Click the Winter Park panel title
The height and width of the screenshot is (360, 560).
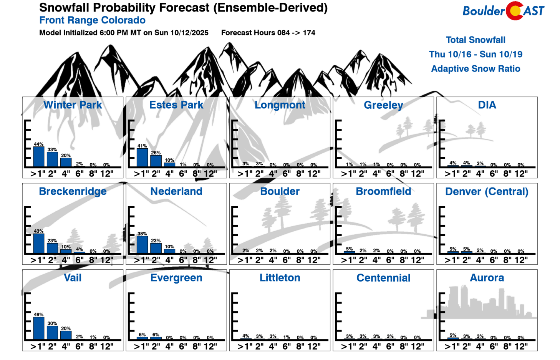73,105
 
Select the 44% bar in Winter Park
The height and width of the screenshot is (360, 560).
39,157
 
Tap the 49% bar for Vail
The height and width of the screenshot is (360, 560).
39,328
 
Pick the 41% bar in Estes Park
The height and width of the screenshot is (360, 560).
142,158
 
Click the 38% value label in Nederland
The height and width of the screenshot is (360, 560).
142,234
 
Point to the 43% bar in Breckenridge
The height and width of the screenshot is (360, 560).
39,244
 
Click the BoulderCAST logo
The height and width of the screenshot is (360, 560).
503,11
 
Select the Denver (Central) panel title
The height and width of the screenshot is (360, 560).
487,191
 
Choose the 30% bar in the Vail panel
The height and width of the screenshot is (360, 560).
52,333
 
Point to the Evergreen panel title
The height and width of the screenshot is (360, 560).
176,278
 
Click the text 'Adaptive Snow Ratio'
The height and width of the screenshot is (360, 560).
476,69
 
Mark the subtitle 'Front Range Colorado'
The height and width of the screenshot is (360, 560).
92,20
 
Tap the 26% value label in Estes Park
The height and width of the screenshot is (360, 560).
156,153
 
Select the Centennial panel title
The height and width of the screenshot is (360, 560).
383,278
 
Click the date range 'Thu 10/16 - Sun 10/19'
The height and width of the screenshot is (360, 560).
476,54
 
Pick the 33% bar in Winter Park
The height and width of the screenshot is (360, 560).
52,159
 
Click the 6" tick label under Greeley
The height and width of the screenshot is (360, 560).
390,174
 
